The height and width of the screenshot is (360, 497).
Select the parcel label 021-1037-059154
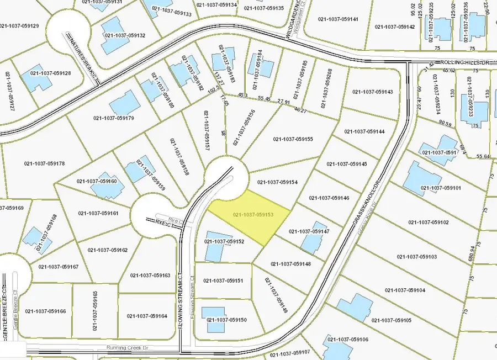(278, 182)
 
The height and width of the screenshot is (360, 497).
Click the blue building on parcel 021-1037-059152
(214, 250)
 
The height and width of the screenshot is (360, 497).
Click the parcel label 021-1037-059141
(339, 19)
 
